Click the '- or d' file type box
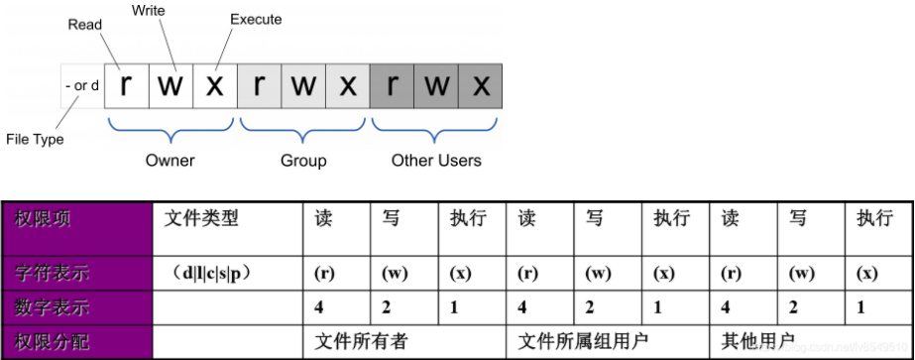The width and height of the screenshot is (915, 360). [81, 86]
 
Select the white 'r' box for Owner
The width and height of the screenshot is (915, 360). [126, 86]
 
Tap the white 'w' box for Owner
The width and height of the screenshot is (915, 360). [170, 86]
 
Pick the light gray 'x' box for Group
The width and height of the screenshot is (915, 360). [346, 86]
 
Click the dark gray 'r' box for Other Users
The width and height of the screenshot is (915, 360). [393, 86]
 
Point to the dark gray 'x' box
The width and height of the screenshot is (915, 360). [480, 86]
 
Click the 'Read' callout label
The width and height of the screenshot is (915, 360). [85, 25]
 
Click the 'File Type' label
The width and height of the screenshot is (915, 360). [34, 140]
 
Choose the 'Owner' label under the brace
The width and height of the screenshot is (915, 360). [171, 160]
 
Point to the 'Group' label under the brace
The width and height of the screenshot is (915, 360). [302, 160]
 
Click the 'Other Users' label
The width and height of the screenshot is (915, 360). [436, 160]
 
